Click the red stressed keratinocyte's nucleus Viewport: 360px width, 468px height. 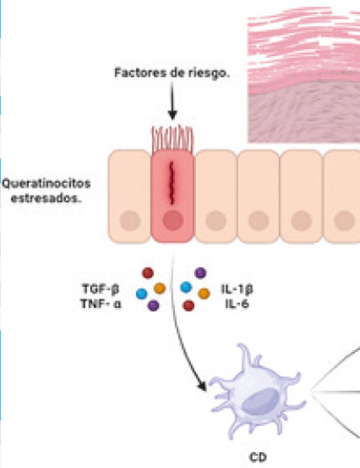coord(172,221)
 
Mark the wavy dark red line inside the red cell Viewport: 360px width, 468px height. coord(172,182)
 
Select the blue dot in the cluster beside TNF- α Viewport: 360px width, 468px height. coord(142,293)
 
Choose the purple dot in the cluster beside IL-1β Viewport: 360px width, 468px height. coord(200,274)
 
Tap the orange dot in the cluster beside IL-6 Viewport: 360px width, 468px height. coord(204,293)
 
